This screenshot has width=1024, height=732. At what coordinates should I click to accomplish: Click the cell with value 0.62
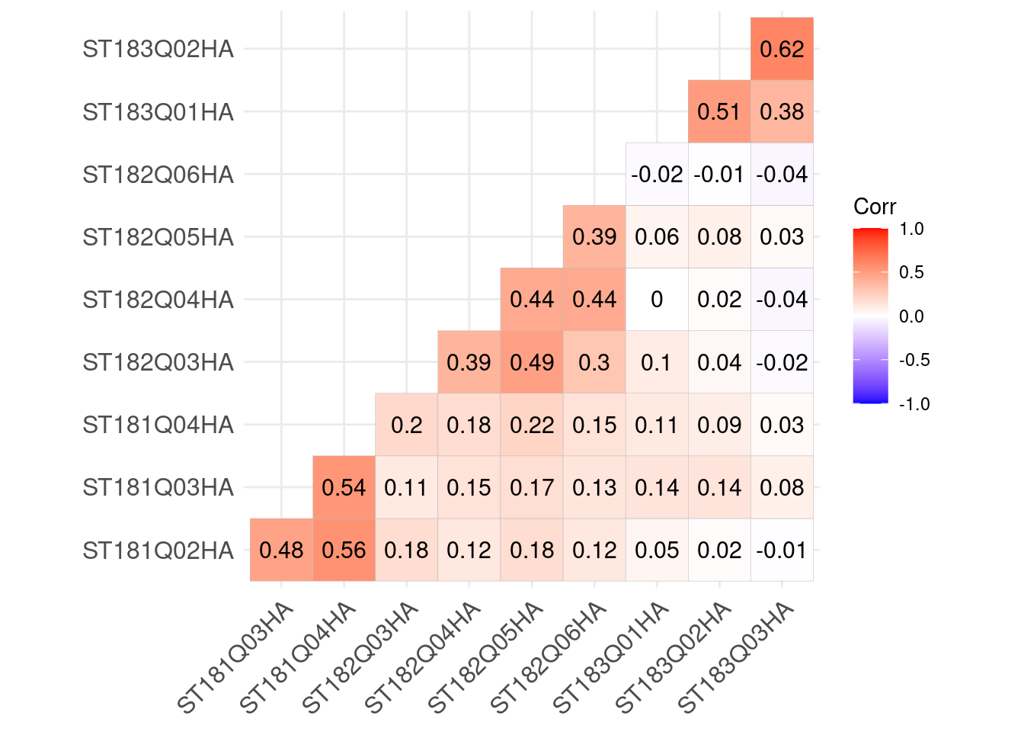782,50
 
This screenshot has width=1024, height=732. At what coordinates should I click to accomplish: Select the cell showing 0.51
719,112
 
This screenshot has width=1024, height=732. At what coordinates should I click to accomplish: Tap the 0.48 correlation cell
281,551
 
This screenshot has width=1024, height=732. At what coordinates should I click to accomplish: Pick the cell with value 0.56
344,551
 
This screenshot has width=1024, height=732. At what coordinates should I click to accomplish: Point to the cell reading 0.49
532,362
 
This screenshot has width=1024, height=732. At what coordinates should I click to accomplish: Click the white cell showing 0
657,300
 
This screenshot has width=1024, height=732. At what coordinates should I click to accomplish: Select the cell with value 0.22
532,425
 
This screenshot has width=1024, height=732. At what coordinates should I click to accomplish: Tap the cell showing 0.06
657,237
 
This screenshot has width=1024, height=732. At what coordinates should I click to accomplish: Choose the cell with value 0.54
344,488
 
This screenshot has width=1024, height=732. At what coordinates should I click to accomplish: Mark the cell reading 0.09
719,425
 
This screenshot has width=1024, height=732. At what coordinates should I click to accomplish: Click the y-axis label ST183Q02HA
158,50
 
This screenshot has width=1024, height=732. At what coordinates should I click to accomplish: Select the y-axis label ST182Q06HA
158,175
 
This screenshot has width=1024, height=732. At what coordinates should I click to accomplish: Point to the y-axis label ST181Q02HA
158,551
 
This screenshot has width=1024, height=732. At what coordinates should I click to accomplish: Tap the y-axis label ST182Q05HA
158,237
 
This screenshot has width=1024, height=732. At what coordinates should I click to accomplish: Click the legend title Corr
875,207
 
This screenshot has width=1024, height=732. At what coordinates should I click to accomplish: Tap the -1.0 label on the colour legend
914,404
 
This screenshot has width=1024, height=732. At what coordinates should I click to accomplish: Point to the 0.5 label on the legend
912,272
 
